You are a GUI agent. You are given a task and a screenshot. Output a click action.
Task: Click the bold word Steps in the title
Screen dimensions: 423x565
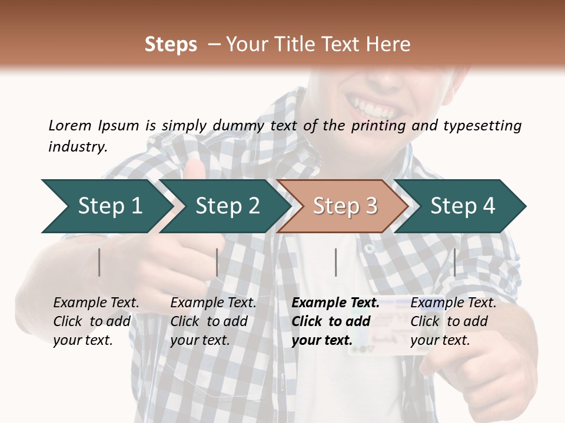click(171, 44)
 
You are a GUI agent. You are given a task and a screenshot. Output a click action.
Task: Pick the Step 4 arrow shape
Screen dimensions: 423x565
click(461, 206)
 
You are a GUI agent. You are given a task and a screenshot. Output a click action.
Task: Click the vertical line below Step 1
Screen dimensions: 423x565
click(99, 262)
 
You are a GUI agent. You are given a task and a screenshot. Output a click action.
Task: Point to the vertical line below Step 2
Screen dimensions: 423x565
click(217, 262)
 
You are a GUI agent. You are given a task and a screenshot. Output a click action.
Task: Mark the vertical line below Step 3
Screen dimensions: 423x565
click(335, 262)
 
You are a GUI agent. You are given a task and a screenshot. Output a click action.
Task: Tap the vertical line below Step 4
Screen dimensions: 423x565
click(454, 262)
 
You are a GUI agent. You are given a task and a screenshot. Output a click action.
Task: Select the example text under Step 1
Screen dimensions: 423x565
click(96, 321)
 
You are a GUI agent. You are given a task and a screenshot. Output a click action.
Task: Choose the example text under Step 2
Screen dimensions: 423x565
click(213, 321)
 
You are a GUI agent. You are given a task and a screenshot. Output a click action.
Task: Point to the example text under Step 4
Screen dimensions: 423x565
click(453, 321)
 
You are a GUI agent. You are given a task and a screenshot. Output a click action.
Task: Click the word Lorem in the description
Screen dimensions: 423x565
click(70, 125)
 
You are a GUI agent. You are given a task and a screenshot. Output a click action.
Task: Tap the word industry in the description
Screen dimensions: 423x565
click(78, 146)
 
